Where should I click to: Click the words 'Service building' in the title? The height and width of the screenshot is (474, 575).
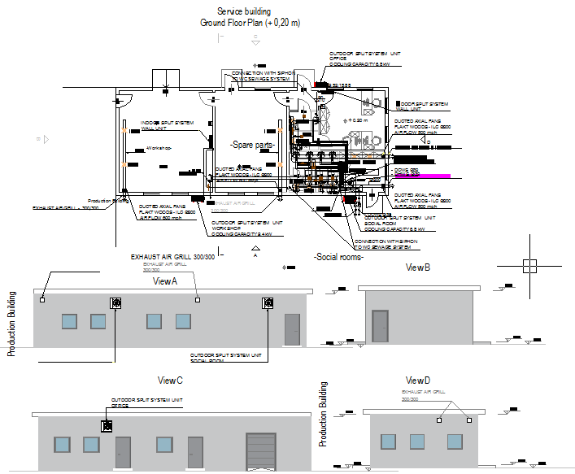click(x=250, y=11)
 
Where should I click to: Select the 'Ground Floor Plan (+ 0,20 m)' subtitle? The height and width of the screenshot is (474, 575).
click(x=250, y=23)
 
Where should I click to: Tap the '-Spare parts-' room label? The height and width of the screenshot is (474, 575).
click(x=253, y=144)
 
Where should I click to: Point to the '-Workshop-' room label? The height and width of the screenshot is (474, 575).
click(x=159, y=148)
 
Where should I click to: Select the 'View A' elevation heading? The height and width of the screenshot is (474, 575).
click(x=165, y=280)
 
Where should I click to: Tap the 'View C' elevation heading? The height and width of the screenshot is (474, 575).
click(x=170, y=381)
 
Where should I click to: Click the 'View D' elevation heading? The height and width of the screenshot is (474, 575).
click(x=417, y=381)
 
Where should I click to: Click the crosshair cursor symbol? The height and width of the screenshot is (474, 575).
click(x=529, y=265)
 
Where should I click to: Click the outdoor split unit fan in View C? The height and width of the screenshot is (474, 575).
click(x=106, y=426)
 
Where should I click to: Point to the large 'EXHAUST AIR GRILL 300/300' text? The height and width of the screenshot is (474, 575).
click(x=172, y=257)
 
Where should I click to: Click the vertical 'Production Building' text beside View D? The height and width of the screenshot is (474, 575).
click(x=323, y=414)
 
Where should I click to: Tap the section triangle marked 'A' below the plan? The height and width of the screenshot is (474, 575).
click(x=255, y=250)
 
